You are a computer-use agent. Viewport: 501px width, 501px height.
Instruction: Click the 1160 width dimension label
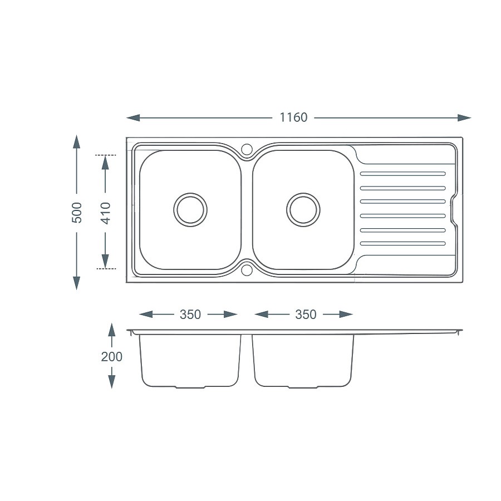click(x=293, y=117)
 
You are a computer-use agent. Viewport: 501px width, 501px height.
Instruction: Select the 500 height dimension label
click(x=77, y=212)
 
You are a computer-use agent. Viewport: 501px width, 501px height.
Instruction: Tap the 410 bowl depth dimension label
click(x=106, y=212)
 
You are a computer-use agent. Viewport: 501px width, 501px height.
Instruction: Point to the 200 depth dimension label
click(x=111, y=356)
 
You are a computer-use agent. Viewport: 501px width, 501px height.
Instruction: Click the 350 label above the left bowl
click(x=190, y=315)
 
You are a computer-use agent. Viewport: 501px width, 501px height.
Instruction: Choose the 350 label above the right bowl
click(x=306, y=315)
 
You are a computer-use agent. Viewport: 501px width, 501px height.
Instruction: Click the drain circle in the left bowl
click(x=190, y=210)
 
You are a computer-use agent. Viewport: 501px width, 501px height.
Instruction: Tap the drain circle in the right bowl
click(x=303, y=210)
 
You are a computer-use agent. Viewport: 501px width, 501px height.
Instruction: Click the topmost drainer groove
click(x=403, y=174)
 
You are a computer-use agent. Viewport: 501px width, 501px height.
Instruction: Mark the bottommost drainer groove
click(x=403, y=244)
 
